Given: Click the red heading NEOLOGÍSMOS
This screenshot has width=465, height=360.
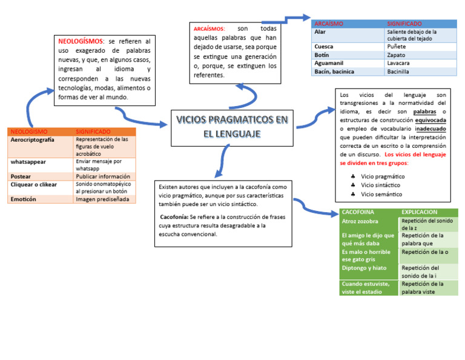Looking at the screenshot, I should point(81,41).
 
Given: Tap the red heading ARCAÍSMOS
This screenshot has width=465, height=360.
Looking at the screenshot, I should point(209,29).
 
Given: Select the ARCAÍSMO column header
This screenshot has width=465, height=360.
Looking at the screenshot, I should point(328,24).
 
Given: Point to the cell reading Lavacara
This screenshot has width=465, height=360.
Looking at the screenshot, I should point(398,63).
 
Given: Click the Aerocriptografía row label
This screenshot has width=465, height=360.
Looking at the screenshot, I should point(32,139).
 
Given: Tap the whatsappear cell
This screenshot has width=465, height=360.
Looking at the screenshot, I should point(28,162).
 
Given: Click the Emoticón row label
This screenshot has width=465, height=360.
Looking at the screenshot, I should point(23,199).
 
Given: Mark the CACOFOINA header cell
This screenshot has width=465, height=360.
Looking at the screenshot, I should point(357,212).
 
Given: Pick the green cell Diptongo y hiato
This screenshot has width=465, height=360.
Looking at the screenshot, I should point(364,268).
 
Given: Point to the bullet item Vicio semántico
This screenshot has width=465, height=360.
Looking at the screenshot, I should point(381,194).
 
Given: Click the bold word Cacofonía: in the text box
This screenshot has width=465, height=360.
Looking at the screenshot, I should point(174,217).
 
